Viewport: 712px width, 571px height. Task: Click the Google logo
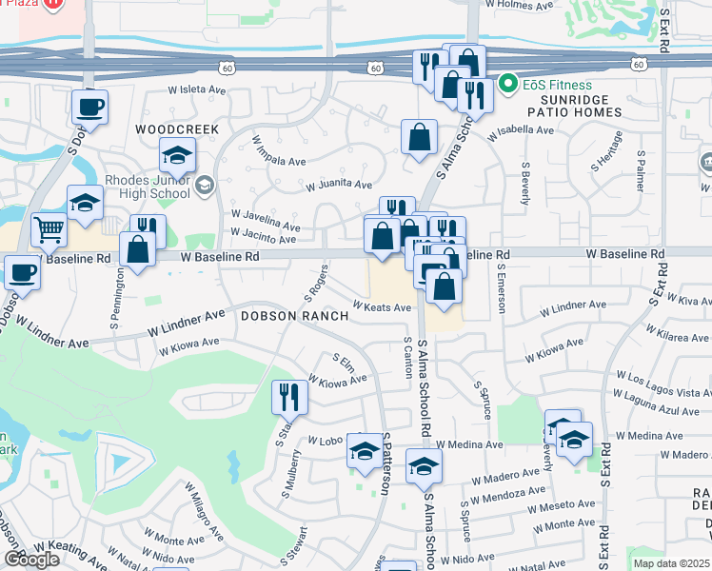tap(31, 560)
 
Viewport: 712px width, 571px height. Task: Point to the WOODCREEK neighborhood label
tap(177, 128)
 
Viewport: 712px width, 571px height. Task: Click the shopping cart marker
tap(49, 228)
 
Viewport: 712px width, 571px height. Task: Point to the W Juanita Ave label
tap(338, 185)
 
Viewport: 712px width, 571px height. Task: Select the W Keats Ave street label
tap(381, 307)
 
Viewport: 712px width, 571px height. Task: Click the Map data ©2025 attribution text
tap(671, 563)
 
